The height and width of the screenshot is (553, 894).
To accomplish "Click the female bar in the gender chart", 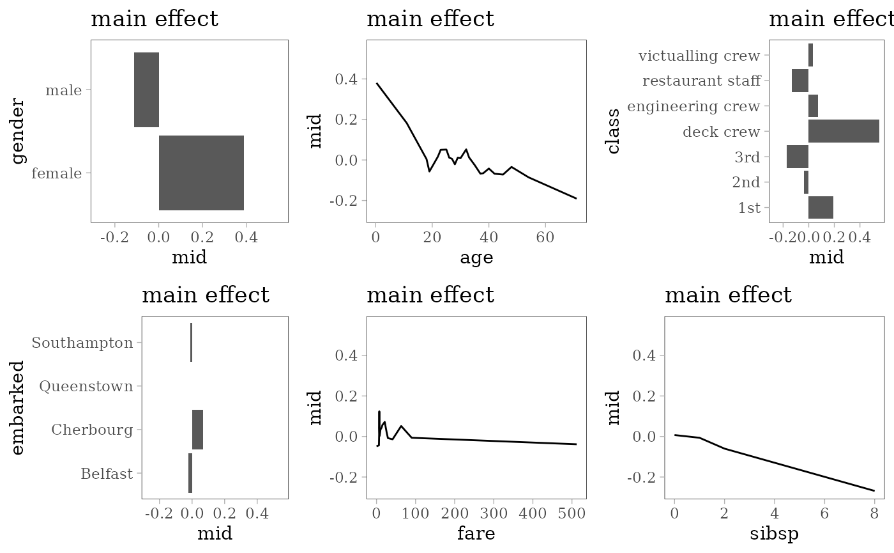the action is (201, 173).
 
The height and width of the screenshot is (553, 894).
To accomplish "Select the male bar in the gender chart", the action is (146, 90).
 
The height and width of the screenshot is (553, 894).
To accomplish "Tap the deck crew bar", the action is (844, 130).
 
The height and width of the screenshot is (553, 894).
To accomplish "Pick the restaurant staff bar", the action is (800, 81).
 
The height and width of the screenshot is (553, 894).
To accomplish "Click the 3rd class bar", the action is (798, 157).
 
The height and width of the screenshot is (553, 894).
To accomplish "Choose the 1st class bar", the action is (821, 207).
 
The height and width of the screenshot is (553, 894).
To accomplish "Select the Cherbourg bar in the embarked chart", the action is (197, 430).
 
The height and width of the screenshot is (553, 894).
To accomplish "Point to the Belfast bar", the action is (190, 473).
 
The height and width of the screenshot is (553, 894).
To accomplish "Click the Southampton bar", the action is (191, 343).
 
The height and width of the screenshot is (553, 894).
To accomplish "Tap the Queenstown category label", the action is (86, 386).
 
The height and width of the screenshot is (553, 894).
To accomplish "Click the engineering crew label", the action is (693, 106).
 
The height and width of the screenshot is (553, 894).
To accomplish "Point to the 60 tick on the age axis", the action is (545, 237).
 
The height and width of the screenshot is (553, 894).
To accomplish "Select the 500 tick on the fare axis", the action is (572, 513).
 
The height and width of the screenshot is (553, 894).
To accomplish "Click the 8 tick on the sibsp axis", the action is (874, 513).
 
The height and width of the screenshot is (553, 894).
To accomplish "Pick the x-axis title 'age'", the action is (476, 258).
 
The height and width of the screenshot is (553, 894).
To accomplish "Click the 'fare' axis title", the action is (476, 533).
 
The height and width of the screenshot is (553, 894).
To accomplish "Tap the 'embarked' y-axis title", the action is (18, 408).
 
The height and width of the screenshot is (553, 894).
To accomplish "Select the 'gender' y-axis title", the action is (18, 131).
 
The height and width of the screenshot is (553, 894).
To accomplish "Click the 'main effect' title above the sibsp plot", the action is (728, 295).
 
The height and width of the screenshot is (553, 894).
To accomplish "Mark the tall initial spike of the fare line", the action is (379, 412).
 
